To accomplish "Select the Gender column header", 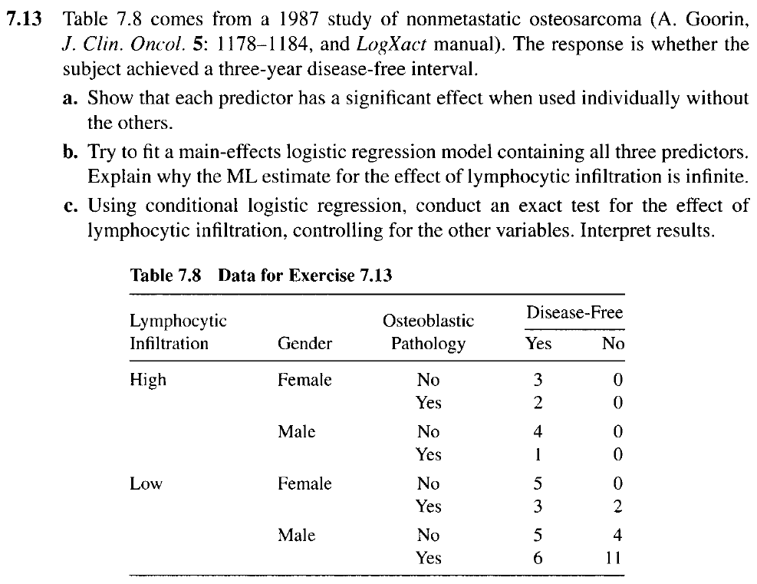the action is (304, 343).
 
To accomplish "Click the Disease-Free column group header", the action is (574, 312).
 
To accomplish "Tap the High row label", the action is (148, 380).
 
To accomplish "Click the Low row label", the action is (146, 483).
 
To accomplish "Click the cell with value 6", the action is (538, 558).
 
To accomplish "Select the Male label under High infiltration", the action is (296, 432).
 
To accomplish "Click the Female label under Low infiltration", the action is (304, 483).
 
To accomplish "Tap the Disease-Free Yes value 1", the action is (538, 454).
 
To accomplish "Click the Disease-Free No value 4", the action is (614, 535).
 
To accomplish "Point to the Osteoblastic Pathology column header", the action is (428, 332).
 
